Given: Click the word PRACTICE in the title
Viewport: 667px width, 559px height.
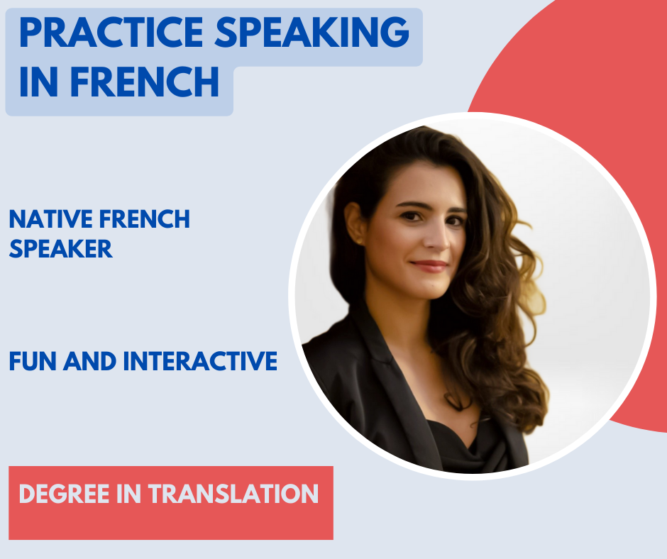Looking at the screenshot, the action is [111, 33].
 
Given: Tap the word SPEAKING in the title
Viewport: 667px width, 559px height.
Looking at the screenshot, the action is [312, 33].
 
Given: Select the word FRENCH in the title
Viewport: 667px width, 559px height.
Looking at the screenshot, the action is [145, 82].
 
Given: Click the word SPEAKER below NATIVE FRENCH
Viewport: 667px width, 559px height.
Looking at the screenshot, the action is [61, 248].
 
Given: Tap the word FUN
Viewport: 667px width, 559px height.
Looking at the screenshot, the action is [33, 361].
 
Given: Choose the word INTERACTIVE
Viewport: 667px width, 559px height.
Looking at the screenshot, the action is [200, 361].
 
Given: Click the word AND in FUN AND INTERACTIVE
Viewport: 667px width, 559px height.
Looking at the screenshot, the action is [89, 361].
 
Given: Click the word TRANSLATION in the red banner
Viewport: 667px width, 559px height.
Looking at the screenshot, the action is [233, 494].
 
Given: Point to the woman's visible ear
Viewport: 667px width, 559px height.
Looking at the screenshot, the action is [355, 223].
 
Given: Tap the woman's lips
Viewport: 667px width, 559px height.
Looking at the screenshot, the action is [429, 266].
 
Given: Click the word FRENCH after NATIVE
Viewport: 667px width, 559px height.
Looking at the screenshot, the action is [145, 219].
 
